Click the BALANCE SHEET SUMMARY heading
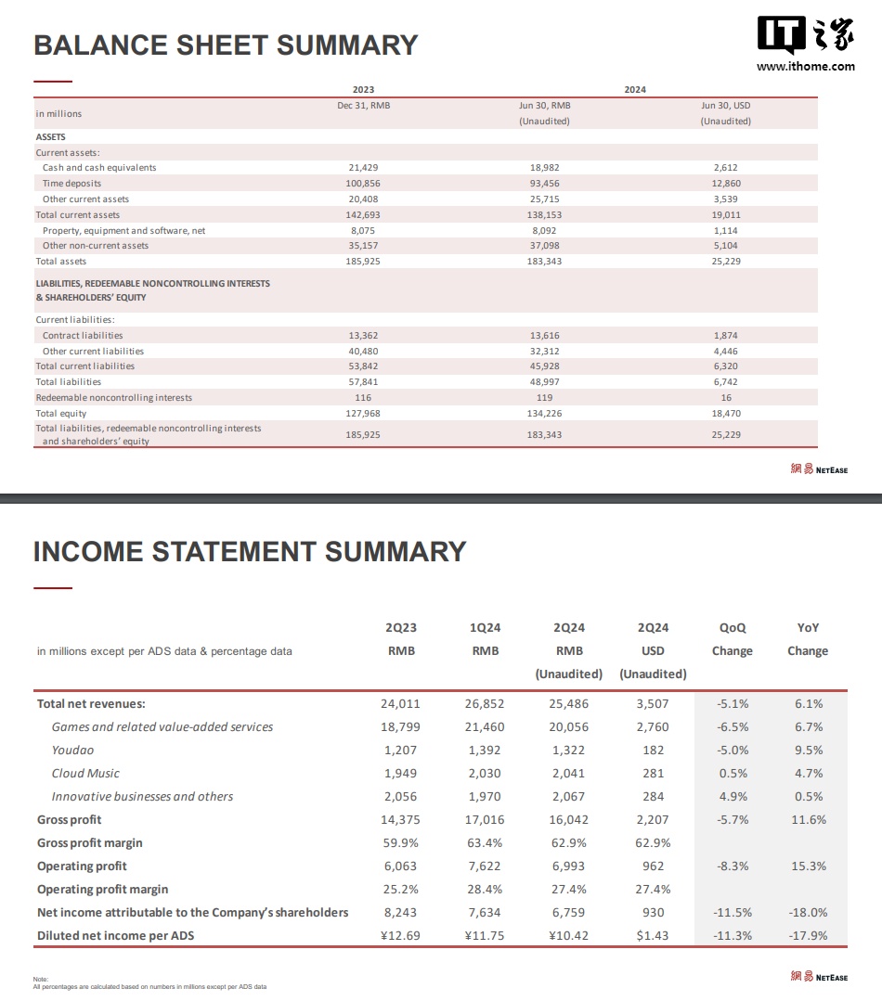(226, 45)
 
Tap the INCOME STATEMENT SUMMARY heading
(250, 552)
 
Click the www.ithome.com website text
(806, 66)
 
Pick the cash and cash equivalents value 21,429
(363, 168)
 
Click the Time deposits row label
(72, 184)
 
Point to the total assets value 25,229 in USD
(726, 262)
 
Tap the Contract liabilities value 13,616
(544, 336)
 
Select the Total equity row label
(60, 414)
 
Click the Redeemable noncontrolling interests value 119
(544, 398)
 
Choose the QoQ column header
(733, 628)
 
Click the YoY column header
(808, 628)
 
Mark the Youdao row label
(72, 751)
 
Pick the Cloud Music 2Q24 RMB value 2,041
(569, 774)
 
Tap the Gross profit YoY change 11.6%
(809, 820)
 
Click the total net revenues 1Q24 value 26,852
(485, 704)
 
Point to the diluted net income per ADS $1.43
(653, 936)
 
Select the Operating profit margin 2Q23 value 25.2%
(400, 890)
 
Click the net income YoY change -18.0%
(808, 913)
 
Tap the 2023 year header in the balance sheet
(363, 90)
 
